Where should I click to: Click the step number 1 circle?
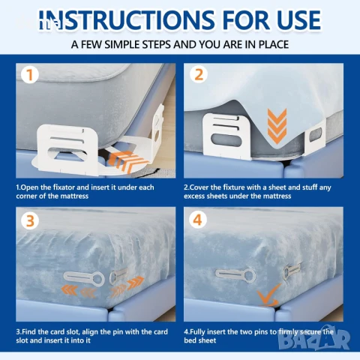point(29,75)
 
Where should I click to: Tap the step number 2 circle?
point(199,74)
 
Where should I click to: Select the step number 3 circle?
point(30,220)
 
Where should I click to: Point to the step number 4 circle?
point(198,220)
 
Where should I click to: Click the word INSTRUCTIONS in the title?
point(127,20)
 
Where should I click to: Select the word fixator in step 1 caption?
point(66,187)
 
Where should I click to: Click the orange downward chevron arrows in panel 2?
point(277,126)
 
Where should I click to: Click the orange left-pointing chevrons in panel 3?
point(78,292)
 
